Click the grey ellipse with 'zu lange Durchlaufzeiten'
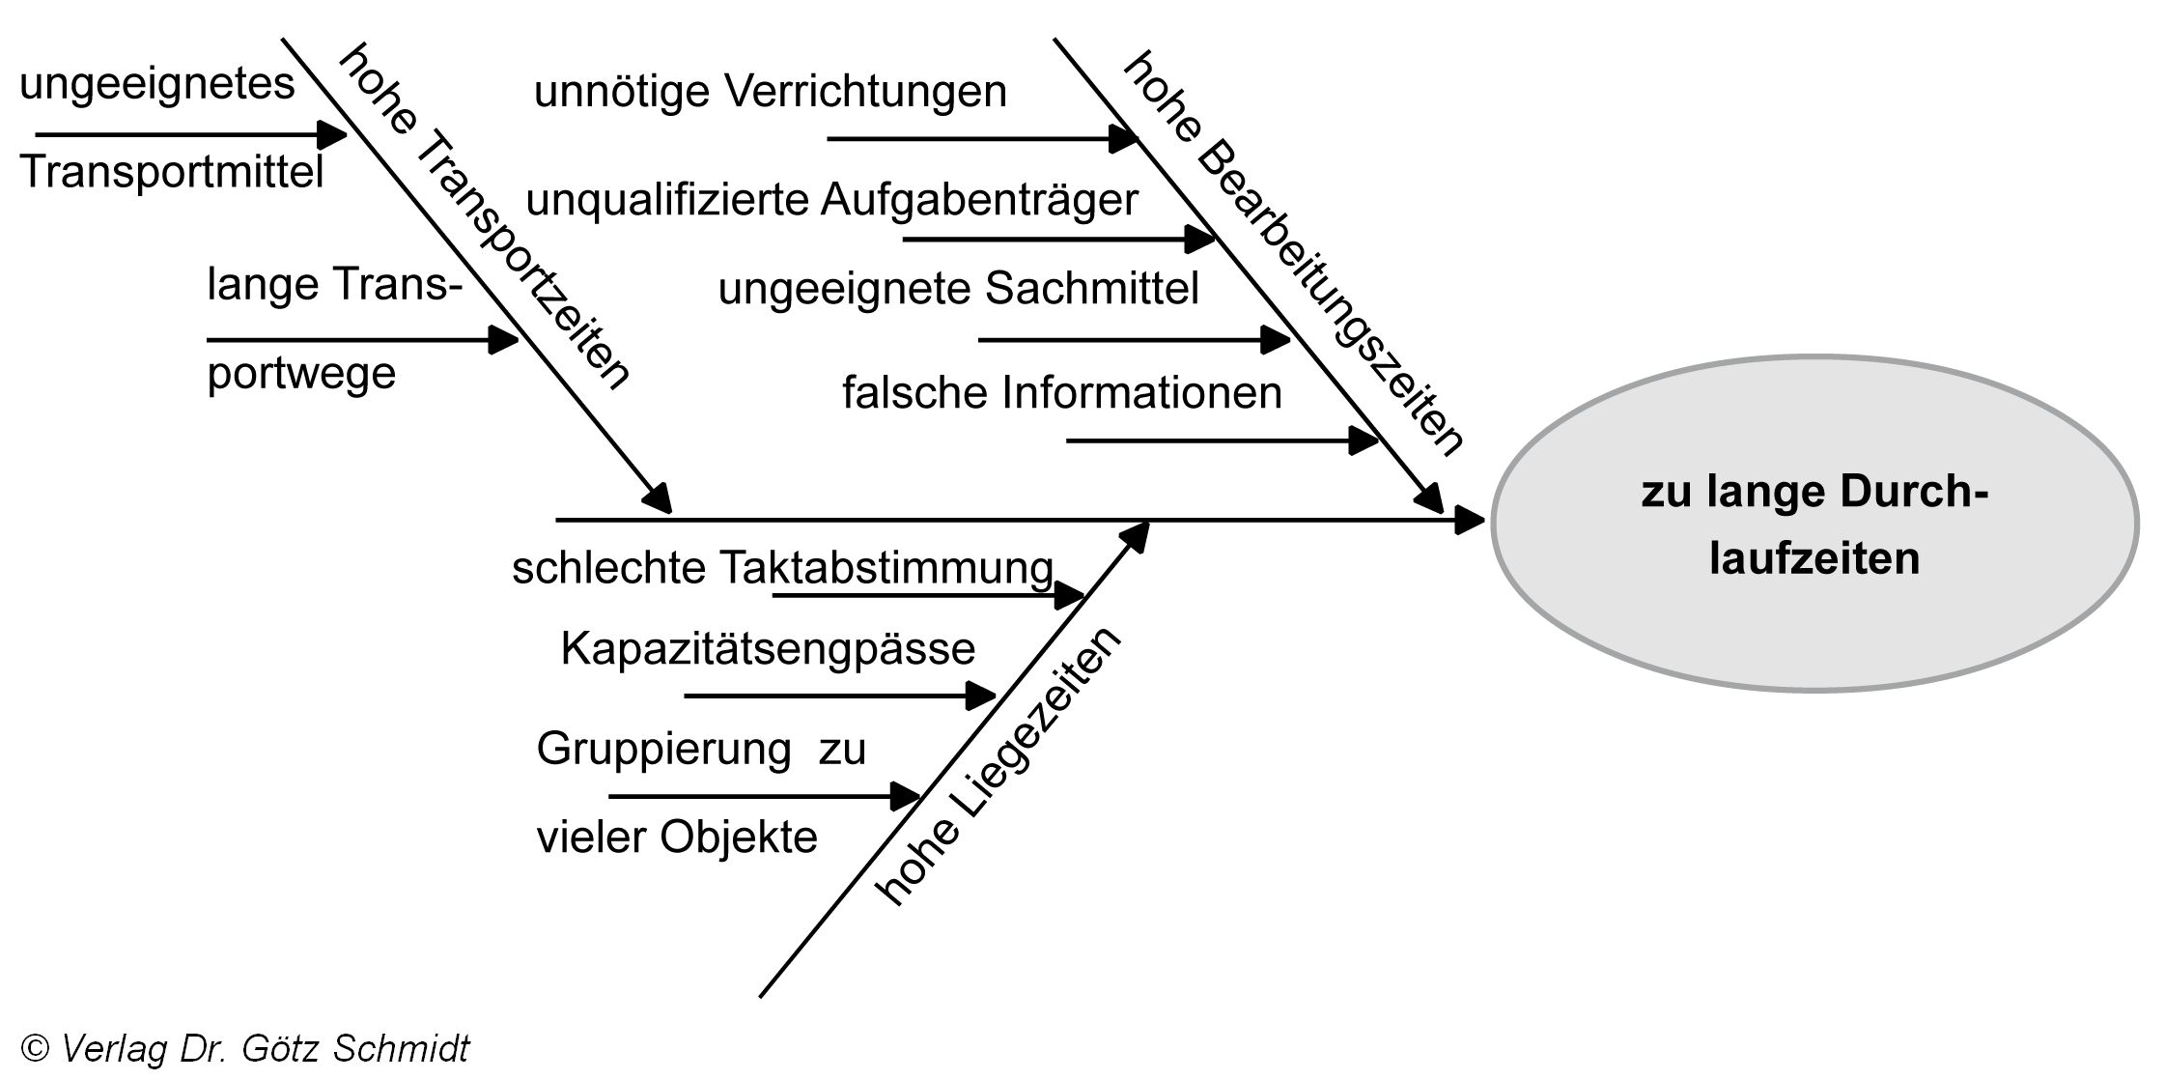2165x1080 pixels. point(1814,524)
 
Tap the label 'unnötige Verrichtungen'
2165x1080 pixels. point(770,93)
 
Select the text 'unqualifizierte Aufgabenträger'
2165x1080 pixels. point(831,201)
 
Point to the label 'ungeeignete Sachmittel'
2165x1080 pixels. point(958,289)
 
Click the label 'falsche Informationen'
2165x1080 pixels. point(1061,393)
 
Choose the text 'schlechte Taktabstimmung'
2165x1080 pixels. point(782,568)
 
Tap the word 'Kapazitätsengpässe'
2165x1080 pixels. point(768,648)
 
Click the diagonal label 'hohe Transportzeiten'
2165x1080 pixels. point(483,216)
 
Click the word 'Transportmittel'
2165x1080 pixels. point(171,173)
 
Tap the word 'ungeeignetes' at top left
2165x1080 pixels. point(156,84)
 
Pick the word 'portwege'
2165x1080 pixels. point(301,373)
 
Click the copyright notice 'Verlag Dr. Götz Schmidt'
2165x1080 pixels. point(246,1048)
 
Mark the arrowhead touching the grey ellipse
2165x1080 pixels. point(1470,522)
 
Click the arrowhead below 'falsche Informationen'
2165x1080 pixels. point(1364,441)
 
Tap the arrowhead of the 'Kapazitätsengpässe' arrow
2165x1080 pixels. point(981,696)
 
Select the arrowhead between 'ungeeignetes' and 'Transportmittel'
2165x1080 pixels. point(332,134)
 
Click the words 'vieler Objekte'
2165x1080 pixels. point(677,837)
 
